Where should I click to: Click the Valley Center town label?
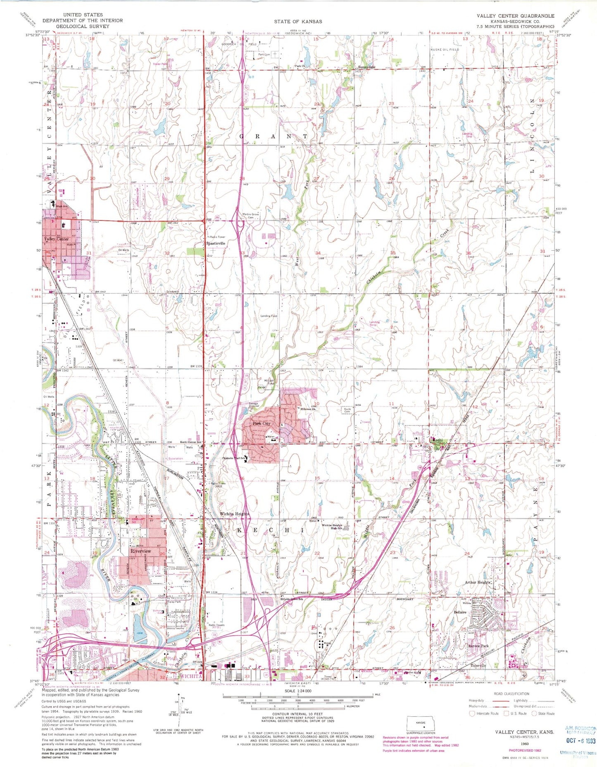[x=57, y=239]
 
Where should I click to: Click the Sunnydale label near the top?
[x=366, y=67]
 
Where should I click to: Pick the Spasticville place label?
[x=216, y=244]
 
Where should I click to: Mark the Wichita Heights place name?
[x=234, y=514]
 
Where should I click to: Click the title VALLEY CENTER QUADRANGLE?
[x=515, y=16]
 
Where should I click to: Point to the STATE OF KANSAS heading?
[x=297, y=21]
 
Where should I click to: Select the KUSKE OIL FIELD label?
[x=444, y=49]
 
